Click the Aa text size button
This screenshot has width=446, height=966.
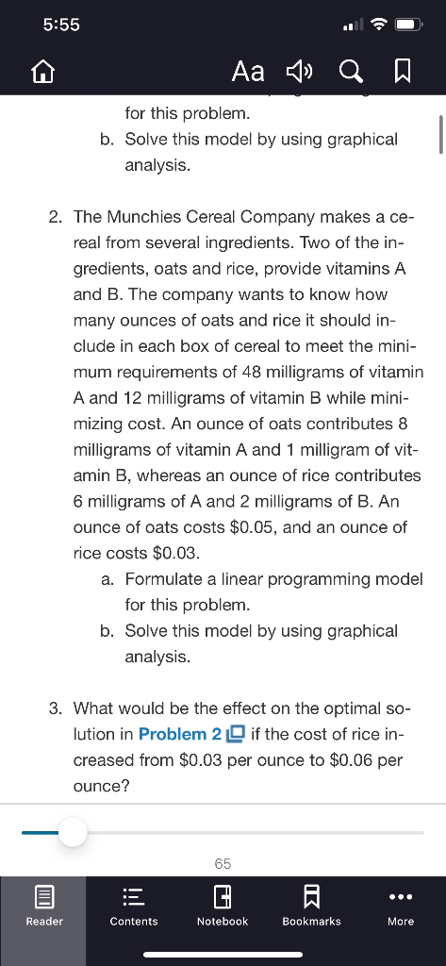[x=247, y=72]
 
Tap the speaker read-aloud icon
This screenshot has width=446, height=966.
[x=299, y=72]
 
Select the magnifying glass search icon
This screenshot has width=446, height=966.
[x=349, y=72]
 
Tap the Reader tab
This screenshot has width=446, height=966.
[x=43, y=906]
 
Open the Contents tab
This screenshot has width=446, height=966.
[x=134, y=906]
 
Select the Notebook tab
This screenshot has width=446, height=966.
[x=223, y=906]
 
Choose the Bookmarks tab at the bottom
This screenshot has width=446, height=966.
[x=311, y=906]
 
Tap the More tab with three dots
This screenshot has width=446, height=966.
[x=400, y=906]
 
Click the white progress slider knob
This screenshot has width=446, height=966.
[x=72, y=832]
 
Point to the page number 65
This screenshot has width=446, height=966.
[x=223, y=863]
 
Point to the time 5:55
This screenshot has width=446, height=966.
[x=62, y=25]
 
